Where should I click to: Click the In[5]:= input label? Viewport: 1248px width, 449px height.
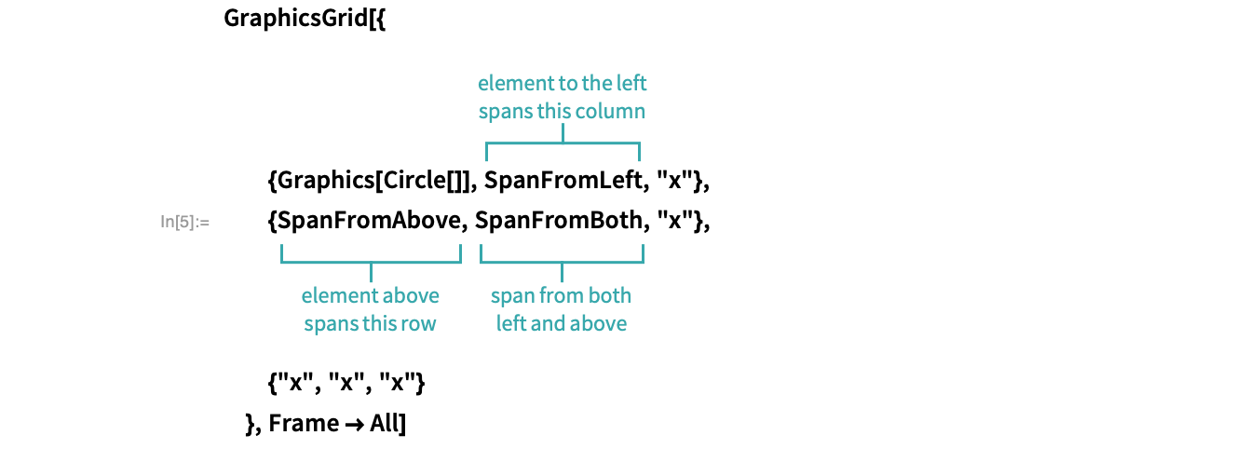pos(184,222)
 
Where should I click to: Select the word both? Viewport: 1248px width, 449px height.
pos(609,296)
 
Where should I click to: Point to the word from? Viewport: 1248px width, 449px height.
pos(559,296)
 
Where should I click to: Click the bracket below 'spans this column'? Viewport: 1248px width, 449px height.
pos(563,143)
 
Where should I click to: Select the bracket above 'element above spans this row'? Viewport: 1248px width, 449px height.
pos(371,262)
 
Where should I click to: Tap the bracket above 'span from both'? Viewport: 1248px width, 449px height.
pos(562,262)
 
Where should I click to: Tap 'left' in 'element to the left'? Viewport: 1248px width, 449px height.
pos(631,84)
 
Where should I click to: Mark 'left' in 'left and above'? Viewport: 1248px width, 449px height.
pos(510,324)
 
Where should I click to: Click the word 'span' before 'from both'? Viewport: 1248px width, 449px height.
pos(511,297)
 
